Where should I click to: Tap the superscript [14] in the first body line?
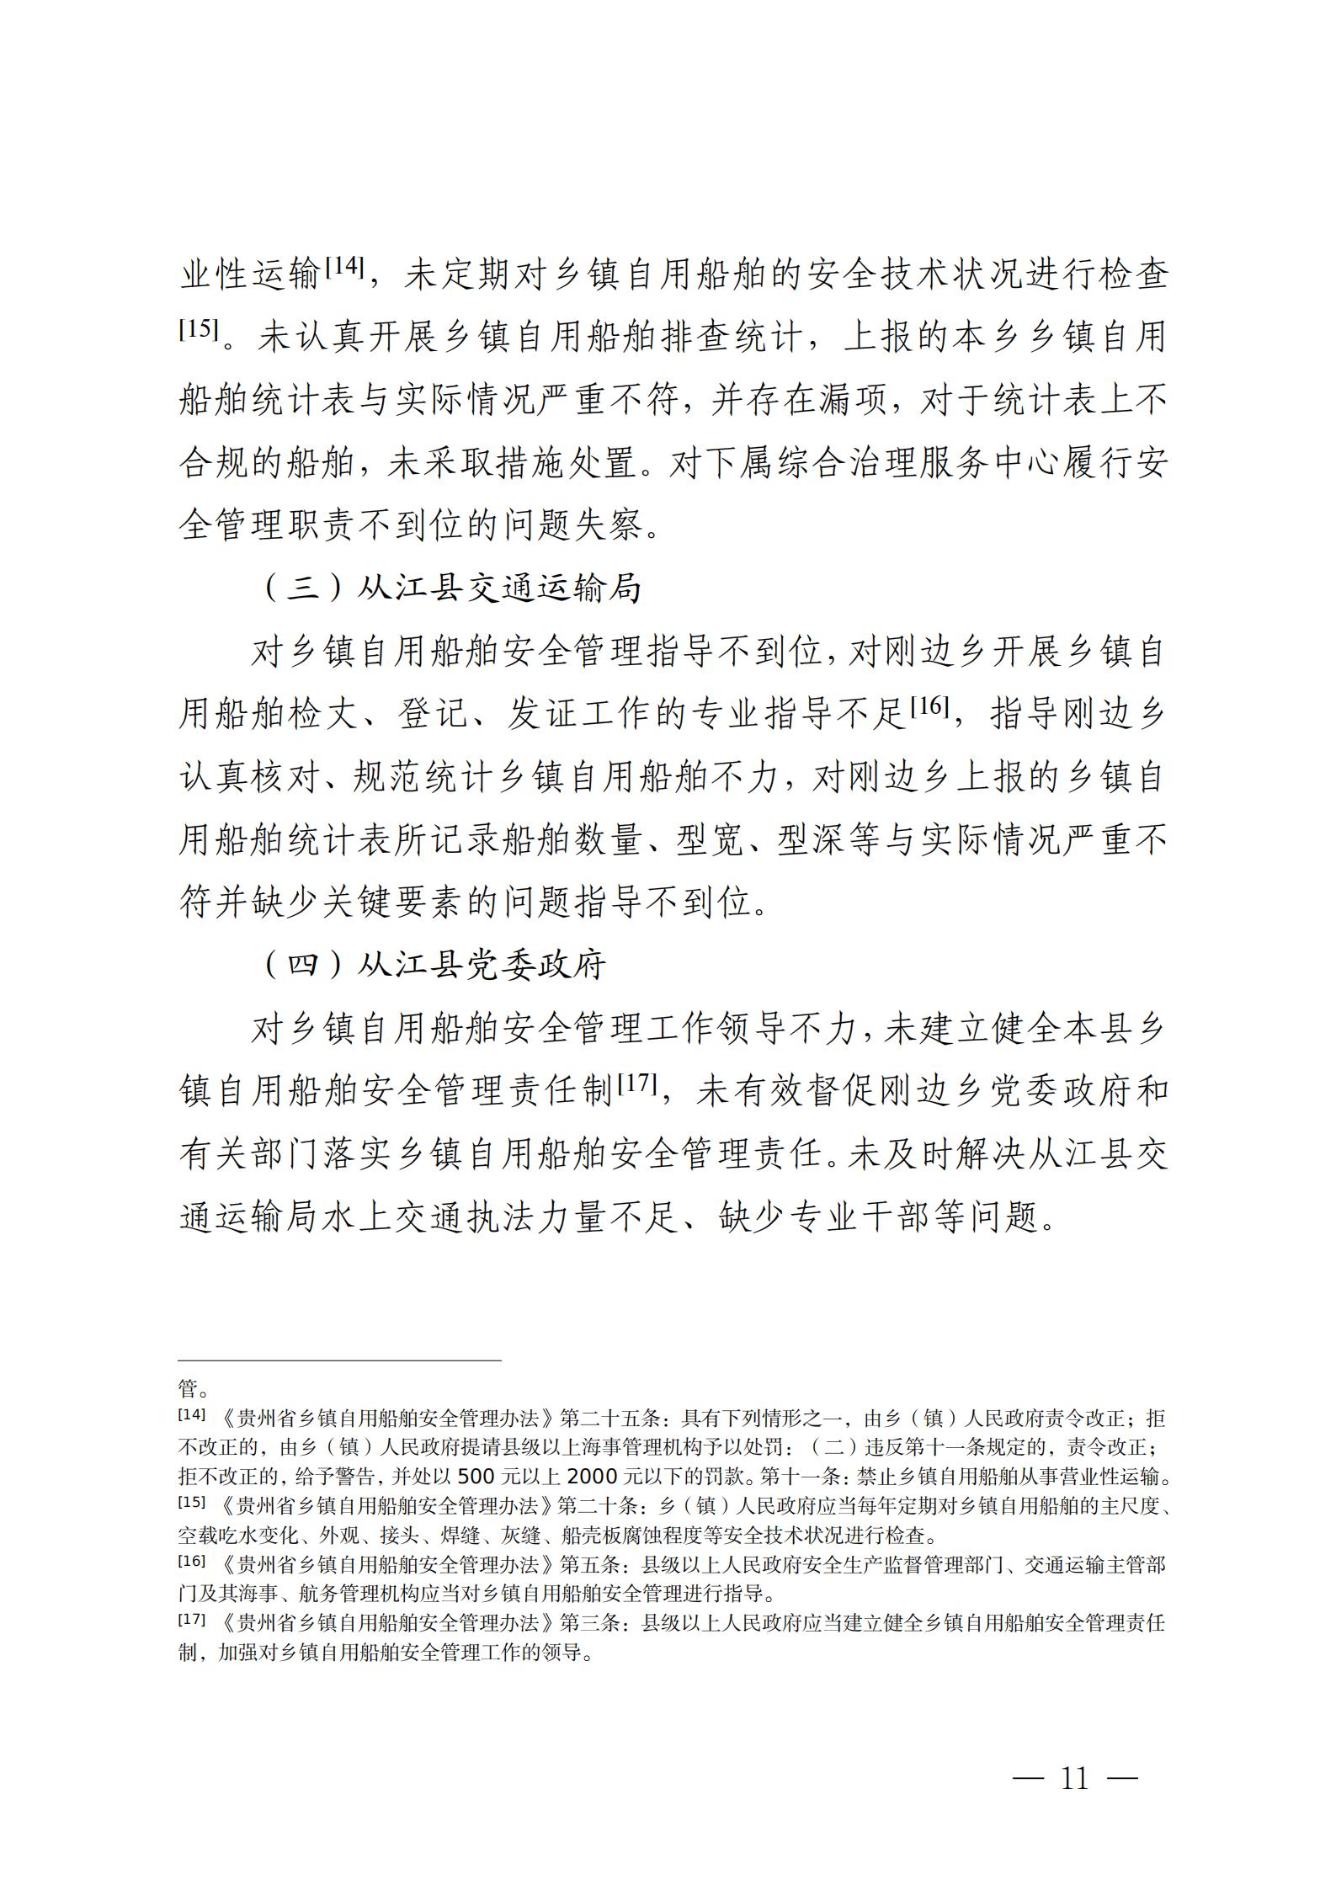click(343, 268)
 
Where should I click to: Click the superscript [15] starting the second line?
click(198, 329)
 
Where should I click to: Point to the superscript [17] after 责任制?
click(636, 1083)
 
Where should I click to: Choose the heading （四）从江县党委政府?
click(435, 965)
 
